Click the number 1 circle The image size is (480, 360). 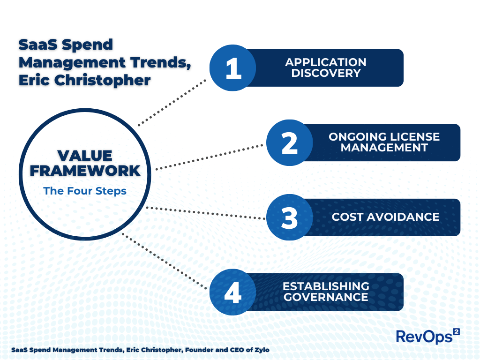click(x=232, y=68)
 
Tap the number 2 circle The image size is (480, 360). click(x=289, y=142)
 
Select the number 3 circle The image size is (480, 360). click(x=289, y=217)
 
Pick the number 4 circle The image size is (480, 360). click(x=232, y=292)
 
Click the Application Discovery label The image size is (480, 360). click(x=326, y=68)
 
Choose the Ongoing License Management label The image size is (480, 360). click(x=384, y=142)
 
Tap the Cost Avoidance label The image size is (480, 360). click(x=385, y=217)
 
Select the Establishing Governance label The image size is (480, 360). click(x=326, y=292)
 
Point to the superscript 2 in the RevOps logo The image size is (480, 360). click(x=456, y=331)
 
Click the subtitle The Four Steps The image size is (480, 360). click(x=85, y=191)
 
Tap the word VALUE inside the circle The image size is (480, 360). click(x=85, y=156)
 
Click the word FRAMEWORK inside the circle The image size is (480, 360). click(x=85, y=171)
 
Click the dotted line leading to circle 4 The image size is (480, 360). click(x=164, y=261)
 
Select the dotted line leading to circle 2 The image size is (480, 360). click(x=209, y=157)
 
